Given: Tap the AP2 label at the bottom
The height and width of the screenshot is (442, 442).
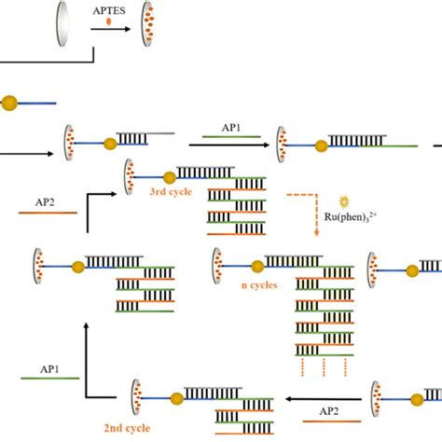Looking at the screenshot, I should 329,411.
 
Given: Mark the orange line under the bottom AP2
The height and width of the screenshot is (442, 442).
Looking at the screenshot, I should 329,422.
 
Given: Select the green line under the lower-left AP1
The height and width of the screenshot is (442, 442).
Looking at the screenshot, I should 43,378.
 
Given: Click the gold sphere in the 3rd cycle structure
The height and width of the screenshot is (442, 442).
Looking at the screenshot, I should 171,176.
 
